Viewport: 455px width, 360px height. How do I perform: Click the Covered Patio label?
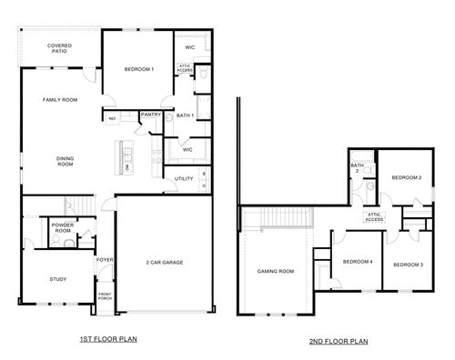point(61,48)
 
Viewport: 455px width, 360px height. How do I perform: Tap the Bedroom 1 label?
point(139,70)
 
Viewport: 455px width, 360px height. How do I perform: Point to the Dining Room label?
point(65,161)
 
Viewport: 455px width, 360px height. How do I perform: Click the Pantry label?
point(150,115)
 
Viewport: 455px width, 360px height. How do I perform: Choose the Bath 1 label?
point(185,115)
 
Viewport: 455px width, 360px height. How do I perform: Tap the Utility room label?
point(184,179)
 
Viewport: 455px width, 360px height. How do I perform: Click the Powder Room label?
point(63,227)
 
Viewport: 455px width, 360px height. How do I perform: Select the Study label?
point(58,280)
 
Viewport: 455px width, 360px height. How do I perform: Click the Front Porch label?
point(105,295)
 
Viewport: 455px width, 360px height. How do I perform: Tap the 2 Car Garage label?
point(165,262)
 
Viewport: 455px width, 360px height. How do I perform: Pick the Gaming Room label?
point(276,271)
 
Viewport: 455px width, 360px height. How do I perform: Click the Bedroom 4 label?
point(358,262)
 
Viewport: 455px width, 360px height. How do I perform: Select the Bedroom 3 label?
point(408,264)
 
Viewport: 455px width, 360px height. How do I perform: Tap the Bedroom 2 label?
point(406,178)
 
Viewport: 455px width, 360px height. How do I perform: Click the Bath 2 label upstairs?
point(358,168)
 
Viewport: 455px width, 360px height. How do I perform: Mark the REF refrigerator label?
point(112,118)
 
